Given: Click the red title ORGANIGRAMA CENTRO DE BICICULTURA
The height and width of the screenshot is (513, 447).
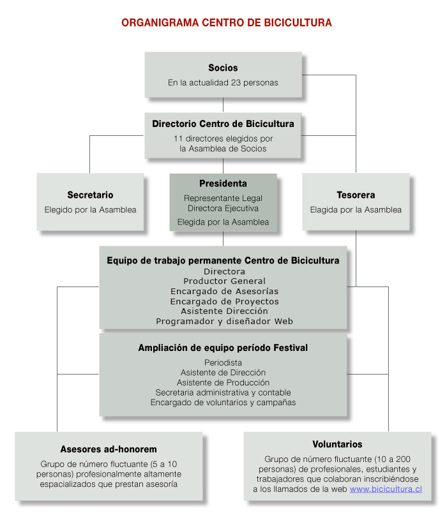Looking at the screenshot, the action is [227, 22].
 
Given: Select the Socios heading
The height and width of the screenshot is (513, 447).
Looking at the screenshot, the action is [223, 68].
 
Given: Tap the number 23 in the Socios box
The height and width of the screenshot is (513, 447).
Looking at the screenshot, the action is [236, 82].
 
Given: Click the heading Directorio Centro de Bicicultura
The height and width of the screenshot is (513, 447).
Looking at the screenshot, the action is [223, 124].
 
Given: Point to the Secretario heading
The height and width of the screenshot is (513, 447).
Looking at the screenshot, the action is [91, 195].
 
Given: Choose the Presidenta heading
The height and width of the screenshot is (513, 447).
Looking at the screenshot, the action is [223, 184].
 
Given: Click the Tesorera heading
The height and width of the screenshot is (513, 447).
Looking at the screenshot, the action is [356, 195].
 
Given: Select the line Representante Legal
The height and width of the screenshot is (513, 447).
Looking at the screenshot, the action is [223, 198].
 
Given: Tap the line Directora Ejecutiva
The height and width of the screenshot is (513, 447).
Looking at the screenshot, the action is [223, 209].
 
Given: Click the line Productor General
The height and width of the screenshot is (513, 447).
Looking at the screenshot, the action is [224, 281].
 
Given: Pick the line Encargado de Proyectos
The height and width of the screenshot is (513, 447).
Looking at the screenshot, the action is [224, 301].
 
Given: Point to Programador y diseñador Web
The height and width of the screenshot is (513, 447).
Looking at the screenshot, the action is [224, 322].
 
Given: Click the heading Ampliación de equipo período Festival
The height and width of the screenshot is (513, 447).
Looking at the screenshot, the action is [223, 348].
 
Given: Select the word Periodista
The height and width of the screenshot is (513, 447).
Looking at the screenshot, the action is [223, 362].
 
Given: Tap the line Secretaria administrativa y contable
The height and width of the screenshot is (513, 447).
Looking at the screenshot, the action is [223, 392].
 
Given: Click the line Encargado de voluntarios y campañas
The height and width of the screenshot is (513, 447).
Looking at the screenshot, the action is [223, 403].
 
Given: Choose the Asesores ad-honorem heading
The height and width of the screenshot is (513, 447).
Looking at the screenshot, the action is [109, 449].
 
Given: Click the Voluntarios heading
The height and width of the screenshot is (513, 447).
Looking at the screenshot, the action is [337, 444].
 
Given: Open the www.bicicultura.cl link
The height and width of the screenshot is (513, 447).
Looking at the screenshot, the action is [386, 489].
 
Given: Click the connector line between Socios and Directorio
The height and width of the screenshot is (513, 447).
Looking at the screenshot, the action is [223, 105].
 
